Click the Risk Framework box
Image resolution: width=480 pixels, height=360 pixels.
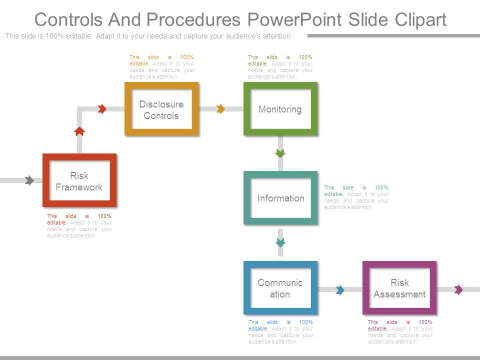pos(79,180)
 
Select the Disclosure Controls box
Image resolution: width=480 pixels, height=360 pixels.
pos(161,109)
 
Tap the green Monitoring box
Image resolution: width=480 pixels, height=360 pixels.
pos(280,109)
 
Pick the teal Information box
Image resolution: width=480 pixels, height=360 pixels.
pos(280,198)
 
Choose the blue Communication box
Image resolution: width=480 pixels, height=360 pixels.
pos(280,288)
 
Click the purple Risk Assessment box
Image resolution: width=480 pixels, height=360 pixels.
pos(399,288)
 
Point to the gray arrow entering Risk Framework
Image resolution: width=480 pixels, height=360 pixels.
pos(29,180)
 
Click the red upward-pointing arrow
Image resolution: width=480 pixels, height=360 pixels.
pos(79,131)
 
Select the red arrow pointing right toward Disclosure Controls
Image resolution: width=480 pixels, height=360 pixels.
pos(102,109)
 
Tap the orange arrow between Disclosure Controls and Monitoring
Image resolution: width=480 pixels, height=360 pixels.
pos(220,109)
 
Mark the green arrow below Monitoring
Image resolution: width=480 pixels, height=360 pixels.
pos(280,153)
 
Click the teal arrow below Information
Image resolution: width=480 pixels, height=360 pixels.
pos(280,242)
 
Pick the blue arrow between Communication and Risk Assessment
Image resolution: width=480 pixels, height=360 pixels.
pos(340,290)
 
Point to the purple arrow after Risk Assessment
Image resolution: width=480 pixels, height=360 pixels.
pos(458,289)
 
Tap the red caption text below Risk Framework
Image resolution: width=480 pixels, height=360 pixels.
pos(79,225)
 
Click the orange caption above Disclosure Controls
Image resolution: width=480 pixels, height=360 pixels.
pos(161,67)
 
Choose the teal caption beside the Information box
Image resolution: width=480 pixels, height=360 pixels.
pos(356,197)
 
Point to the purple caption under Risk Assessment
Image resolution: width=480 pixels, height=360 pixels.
pos(400,331)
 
